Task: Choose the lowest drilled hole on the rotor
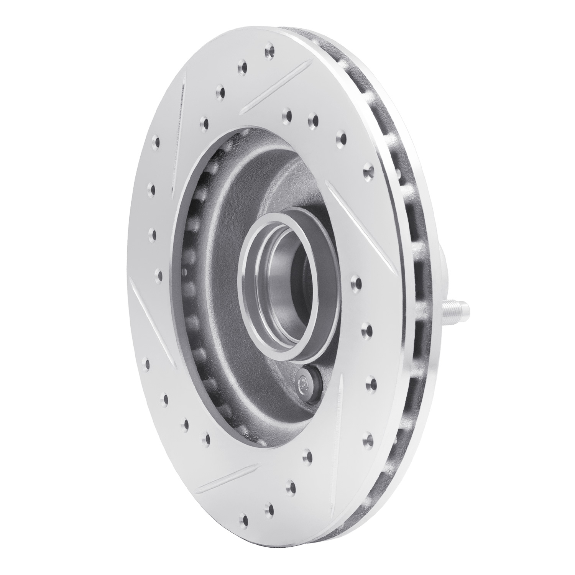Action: pos(244,520)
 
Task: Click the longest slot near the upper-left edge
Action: pos(179,130)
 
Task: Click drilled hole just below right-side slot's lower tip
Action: pos(359,283)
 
